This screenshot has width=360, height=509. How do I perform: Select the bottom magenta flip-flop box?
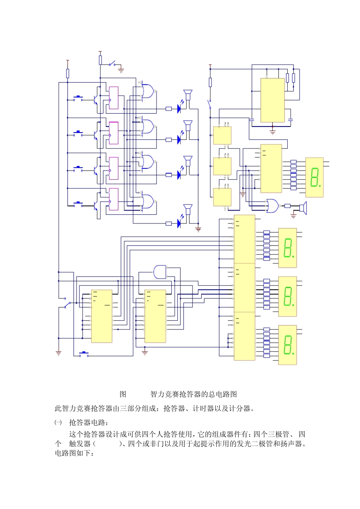(114, 199)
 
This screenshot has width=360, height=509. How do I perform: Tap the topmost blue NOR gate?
(148, 91)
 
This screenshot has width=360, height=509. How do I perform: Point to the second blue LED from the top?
(179, 140)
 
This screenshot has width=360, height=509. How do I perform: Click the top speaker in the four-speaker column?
(188, 94)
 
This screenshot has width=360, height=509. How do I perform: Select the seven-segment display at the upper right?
(315, 177)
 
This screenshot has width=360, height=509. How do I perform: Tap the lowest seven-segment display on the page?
(288, 345)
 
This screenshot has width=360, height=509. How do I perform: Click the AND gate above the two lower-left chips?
(160, 271)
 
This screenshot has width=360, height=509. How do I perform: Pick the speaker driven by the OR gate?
(303, 208)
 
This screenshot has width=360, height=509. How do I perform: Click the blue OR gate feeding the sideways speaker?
(272, 205)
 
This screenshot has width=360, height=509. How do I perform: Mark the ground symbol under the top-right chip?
(272, 132)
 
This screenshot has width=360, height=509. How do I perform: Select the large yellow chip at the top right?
(272, 100)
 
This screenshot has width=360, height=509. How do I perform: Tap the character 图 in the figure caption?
(123, 394)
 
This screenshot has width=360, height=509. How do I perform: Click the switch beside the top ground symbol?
(112, 63)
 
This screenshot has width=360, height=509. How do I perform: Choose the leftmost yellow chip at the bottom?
(102, 316)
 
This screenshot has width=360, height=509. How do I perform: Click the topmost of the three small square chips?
(222, 136)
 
